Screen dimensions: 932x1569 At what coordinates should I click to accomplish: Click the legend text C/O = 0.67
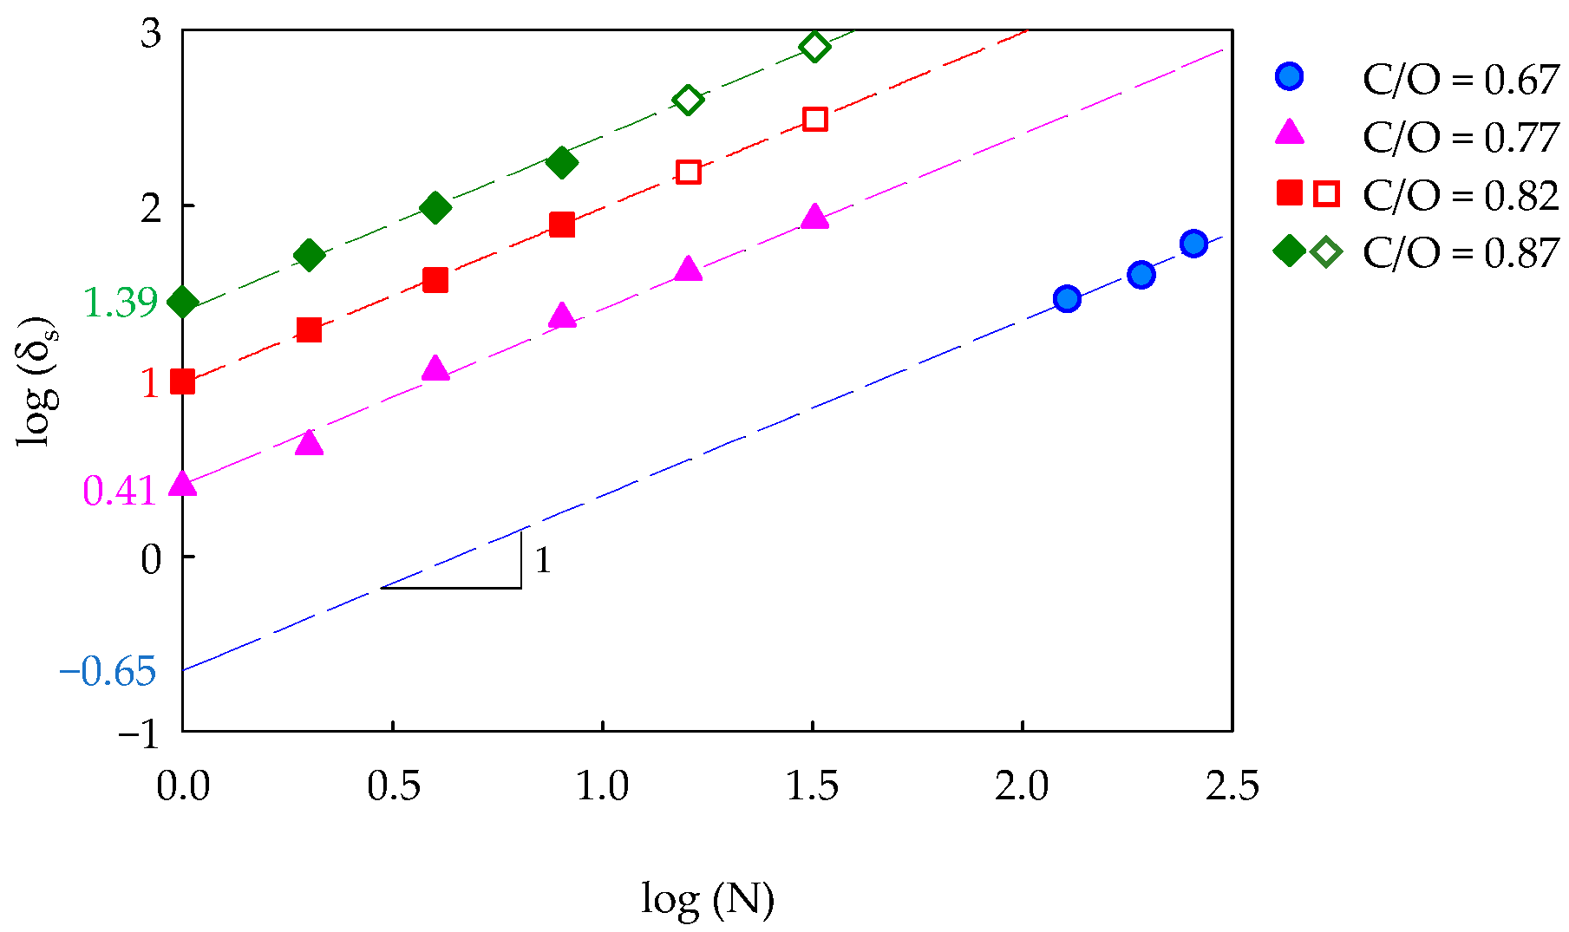click(x=1461, y=80)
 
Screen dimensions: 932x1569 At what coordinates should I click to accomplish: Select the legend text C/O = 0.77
click(x=1461, y=137)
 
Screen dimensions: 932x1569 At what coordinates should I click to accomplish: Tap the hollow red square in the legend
click(x=1326, y=194)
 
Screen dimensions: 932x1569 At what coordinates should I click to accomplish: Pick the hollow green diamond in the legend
click(x=1326, y=252)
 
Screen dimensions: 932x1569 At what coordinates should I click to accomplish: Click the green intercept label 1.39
click(x=121, y=303)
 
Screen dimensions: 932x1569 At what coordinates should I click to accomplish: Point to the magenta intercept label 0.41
click(x=119, y=491)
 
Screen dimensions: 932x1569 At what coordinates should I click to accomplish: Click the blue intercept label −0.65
click(x=108, y=671)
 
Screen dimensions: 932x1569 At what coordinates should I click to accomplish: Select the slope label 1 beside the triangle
click(x=543, y=561)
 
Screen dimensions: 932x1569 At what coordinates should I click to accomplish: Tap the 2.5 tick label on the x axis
click(x=1232, y=786)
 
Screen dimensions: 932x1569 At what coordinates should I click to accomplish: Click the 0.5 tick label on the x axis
click(x=393, y=786)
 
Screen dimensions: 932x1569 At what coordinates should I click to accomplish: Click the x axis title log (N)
click(x=707, y=899)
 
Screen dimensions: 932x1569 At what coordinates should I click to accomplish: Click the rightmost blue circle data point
click(x=1193, y=244)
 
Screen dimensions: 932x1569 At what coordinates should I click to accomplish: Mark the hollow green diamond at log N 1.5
click(x=814, y=47)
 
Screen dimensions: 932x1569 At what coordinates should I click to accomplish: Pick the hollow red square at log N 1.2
click(x=688, y=172)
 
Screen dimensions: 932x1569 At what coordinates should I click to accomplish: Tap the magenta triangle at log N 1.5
click(x=814, y=217)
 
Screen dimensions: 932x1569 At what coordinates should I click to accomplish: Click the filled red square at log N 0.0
click(x=182, y=381)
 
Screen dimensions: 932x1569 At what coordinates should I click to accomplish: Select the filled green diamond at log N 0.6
click(x=435, y=208)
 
